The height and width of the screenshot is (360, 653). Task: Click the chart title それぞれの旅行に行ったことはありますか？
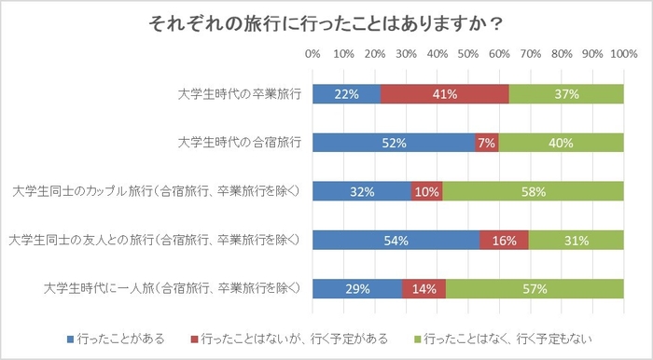(326, 22)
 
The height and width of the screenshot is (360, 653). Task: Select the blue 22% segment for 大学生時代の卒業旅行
(346, 94)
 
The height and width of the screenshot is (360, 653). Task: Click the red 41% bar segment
(445, 94)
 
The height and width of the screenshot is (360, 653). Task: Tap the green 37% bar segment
(566, 94)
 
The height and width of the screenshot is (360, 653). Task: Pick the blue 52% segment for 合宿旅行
(393, 143)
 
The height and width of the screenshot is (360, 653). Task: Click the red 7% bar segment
(486, 143)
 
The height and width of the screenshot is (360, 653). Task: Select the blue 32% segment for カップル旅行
(362, 191)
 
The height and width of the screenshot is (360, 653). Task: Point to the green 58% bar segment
(534, 191)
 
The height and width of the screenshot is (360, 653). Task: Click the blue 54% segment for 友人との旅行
(396, 241)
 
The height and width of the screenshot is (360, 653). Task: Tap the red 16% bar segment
(505, 241)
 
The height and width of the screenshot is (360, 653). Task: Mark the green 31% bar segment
(577, 241)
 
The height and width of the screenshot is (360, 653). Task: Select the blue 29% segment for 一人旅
(357, 289)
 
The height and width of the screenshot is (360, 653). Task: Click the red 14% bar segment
(424, 289)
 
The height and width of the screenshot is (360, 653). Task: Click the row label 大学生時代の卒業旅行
(240, 94)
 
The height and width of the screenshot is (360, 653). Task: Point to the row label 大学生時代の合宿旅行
(240, 143)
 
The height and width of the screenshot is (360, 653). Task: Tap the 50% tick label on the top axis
(468, 54)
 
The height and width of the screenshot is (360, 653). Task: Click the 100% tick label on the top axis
(622, 54)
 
